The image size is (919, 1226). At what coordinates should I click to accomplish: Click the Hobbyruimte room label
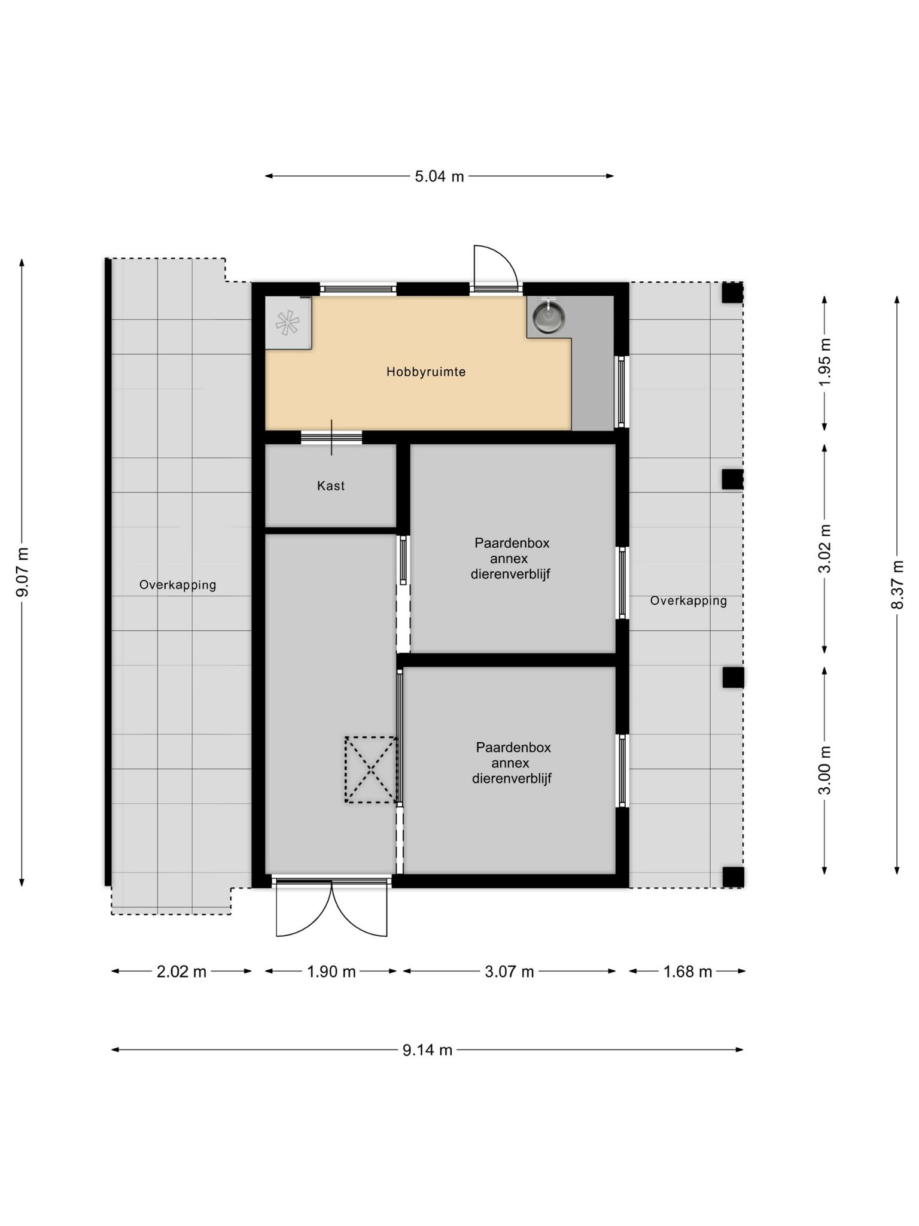click(425, 372)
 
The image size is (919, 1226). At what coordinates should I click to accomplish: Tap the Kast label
click(331, 485)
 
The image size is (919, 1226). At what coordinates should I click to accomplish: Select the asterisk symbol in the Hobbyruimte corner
click(287, 323)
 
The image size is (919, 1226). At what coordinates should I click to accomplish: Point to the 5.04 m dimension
click(439, 177)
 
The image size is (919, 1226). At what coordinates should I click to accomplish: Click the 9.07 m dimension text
click(22, 572)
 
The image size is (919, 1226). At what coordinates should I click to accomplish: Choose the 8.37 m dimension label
click(897, 585)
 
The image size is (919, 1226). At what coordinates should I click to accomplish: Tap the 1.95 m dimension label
click(825, 363)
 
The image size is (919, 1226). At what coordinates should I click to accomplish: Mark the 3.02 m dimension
click(825, 548)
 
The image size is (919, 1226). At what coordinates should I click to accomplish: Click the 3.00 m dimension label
click(825, 770)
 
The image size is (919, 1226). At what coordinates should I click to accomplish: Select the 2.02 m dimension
click(181, 972)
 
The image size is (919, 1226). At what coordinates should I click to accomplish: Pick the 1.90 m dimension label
click(331, 972)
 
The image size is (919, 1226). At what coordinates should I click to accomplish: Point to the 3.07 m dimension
click(509, 972)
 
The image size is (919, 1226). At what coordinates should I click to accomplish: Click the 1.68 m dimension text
click(687, 972)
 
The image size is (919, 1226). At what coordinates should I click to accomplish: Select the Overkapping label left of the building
click(178, 585)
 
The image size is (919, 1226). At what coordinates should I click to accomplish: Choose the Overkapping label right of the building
click(689, 600)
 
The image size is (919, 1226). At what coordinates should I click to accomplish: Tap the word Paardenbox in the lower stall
click(513, 747)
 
